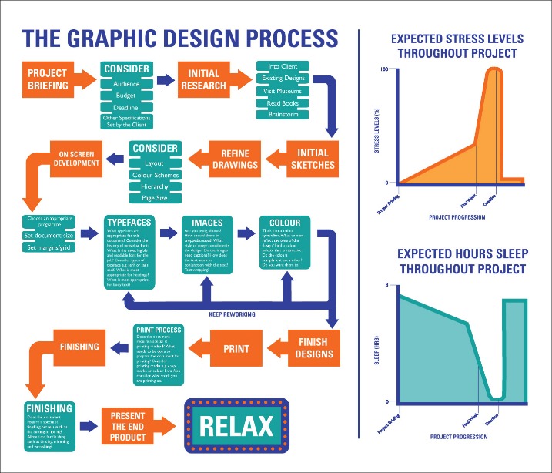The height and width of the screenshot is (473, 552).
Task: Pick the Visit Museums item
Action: click(283, 89)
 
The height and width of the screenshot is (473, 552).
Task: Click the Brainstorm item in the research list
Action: click(283, 115)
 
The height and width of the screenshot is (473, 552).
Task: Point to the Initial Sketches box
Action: click(313, 158)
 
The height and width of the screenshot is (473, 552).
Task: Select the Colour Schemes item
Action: click(155, 175)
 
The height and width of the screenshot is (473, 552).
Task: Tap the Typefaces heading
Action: click(129, 221)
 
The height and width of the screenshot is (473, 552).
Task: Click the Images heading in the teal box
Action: click(206, 222)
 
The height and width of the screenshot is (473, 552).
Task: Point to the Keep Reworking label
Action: click(232, 314)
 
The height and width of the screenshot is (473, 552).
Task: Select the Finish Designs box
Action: click(313, 348)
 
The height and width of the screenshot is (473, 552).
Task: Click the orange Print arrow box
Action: click(236, 348)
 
